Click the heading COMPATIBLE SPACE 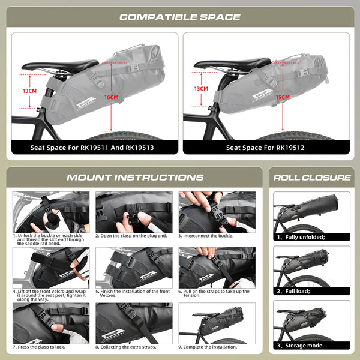(179, 17)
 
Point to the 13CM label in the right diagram (202, 89)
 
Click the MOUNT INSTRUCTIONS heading (134, 178)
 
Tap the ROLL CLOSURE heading (311, 178)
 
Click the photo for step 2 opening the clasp (134, 211)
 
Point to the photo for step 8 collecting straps (134, 322)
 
